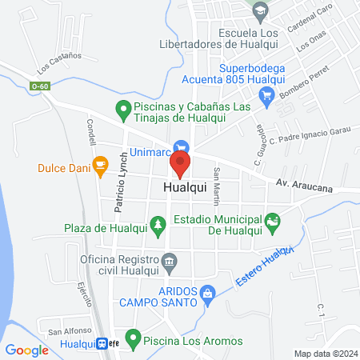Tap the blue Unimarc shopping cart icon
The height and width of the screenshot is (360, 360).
tap(183, 146)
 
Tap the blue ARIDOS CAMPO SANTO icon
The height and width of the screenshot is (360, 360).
tap(207, 294)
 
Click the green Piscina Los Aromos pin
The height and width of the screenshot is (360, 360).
tap(134, 338)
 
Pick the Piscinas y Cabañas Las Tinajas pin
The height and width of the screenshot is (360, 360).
tap(122, 107)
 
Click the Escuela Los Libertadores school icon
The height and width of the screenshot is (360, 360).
tap(259, 10)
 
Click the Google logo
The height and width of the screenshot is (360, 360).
tap(27, 350)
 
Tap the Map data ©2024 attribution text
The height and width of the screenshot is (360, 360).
tap(323, 354)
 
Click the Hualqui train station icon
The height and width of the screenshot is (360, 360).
tap(103, 344)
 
